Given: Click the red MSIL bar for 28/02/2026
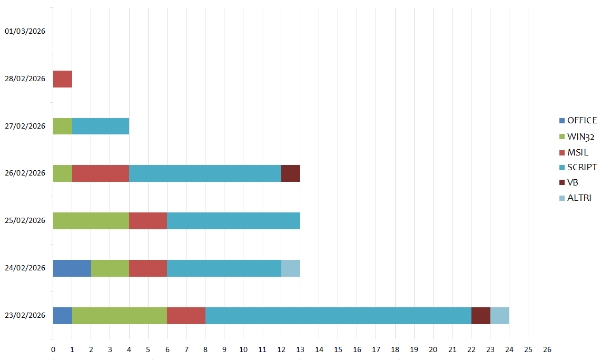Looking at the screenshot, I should pyautogui.click(x=62, y=79).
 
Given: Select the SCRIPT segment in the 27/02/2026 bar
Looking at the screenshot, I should pyautogui.click(x=100, y=126).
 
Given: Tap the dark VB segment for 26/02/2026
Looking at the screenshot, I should pyautogui.click(x=290, y=173).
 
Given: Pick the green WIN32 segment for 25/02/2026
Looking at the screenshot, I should pyautogui.click(x=91, y=221).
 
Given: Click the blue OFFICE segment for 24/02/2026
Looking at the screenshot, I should pyautogui.click(x=72, y=268).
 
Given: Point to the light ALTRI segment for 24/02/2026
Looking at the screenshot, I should pyautogui.click(x=290, y=268).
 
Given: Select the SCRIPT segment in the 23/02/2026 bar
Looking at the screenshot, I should pyautogui.click(x=338, y=315).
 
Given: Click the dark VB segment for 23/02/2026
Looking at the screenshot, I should pyautogui.click(x=480, y=315).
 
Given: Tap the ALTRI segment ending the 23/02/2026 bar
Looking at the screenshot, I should pyautogui.click(x=499, y=315).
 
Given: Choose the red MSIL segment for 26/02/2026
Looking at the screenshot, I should pyautogui.click(x=100, y=173).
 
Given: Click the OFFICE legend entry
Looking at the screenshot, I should pyautogui.click(x=578, y=120).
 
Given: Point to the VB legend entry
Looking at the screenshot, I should pyautogui.click(x=573, y=182).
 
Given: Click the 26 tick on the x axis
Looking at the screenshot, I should pyautogui.click(x=547, y=349).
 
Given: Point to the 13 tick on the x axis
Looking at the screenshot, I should pyautogui.click(x=300, y=349).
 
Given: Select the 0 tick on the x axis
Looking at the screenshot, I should pyautogui.click(x=53, y=349).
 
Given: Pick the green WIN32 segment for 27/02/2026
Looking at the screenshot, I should pyautogui.click(x=62, y=126).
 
